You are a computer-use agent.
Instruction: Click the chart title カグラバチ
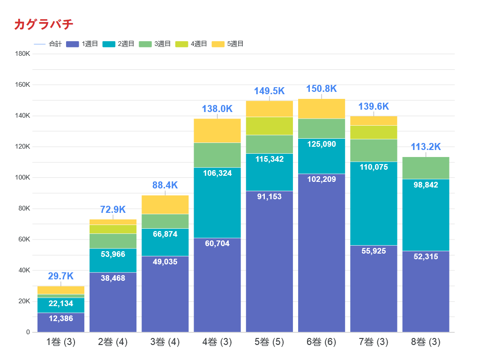tap(44, 24)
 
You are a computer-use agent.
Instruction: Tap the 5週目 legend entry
tap(228, 44)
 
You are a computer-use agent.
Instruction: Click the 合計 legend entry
tap(48, 44)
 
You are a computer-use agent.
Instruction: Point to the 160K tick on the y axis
tap(22, 85)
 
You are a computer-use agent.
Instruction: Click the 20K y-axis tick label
tap(24, 301)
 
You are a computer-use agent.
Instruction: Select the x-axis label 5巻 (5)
tap(269, 342)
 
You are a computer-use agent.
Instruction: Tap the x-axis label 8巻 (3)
tap(426, 342)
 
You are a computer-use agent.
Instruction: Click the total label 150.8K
tap(322, 89)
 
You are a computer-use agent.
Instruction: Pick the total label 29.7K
tap(61, 277)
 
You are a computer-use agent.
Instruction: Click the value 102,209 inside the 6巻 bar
tap(322, 179)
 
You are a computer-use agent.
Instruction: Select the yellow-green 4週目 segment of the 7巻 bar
tap(374, 132)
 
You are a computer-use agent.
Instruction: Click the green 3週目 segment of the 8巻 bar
tap(426, 168)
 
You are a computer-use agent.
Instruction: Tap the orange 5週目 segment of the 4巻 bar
tap(217, 131)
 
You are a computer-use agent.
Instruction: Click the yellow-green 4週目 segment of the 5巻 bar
tap(269, 126)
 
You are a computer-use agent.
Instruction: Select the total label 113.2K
tap(426, 147)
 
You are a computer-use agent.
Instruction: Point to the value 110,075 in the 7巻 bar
tap(374, 167)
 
